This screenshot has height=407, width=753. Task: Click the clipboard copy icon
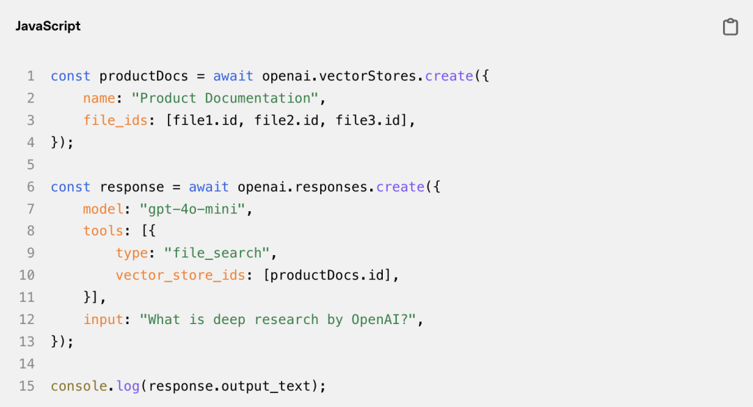[x=730, y=27]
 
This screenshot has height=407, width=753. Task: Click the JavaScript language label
[x=48, y=26]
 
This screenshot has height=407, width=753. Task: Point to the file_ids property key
[x=115, y=121]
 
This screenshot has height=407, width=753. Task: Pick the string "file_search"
[x=220, y=253]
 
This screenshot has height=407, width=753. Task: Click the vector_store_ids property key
[x=181, y=275]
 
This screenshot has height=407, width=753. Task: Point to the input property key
[x=103, y=320]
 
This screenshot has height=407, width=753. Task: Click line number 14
[x=26, y=364]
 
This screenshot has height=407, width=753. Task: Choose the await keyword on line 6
[x=208, y=187]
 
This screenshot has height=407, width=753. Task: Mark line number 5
[x=30, y=164]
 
